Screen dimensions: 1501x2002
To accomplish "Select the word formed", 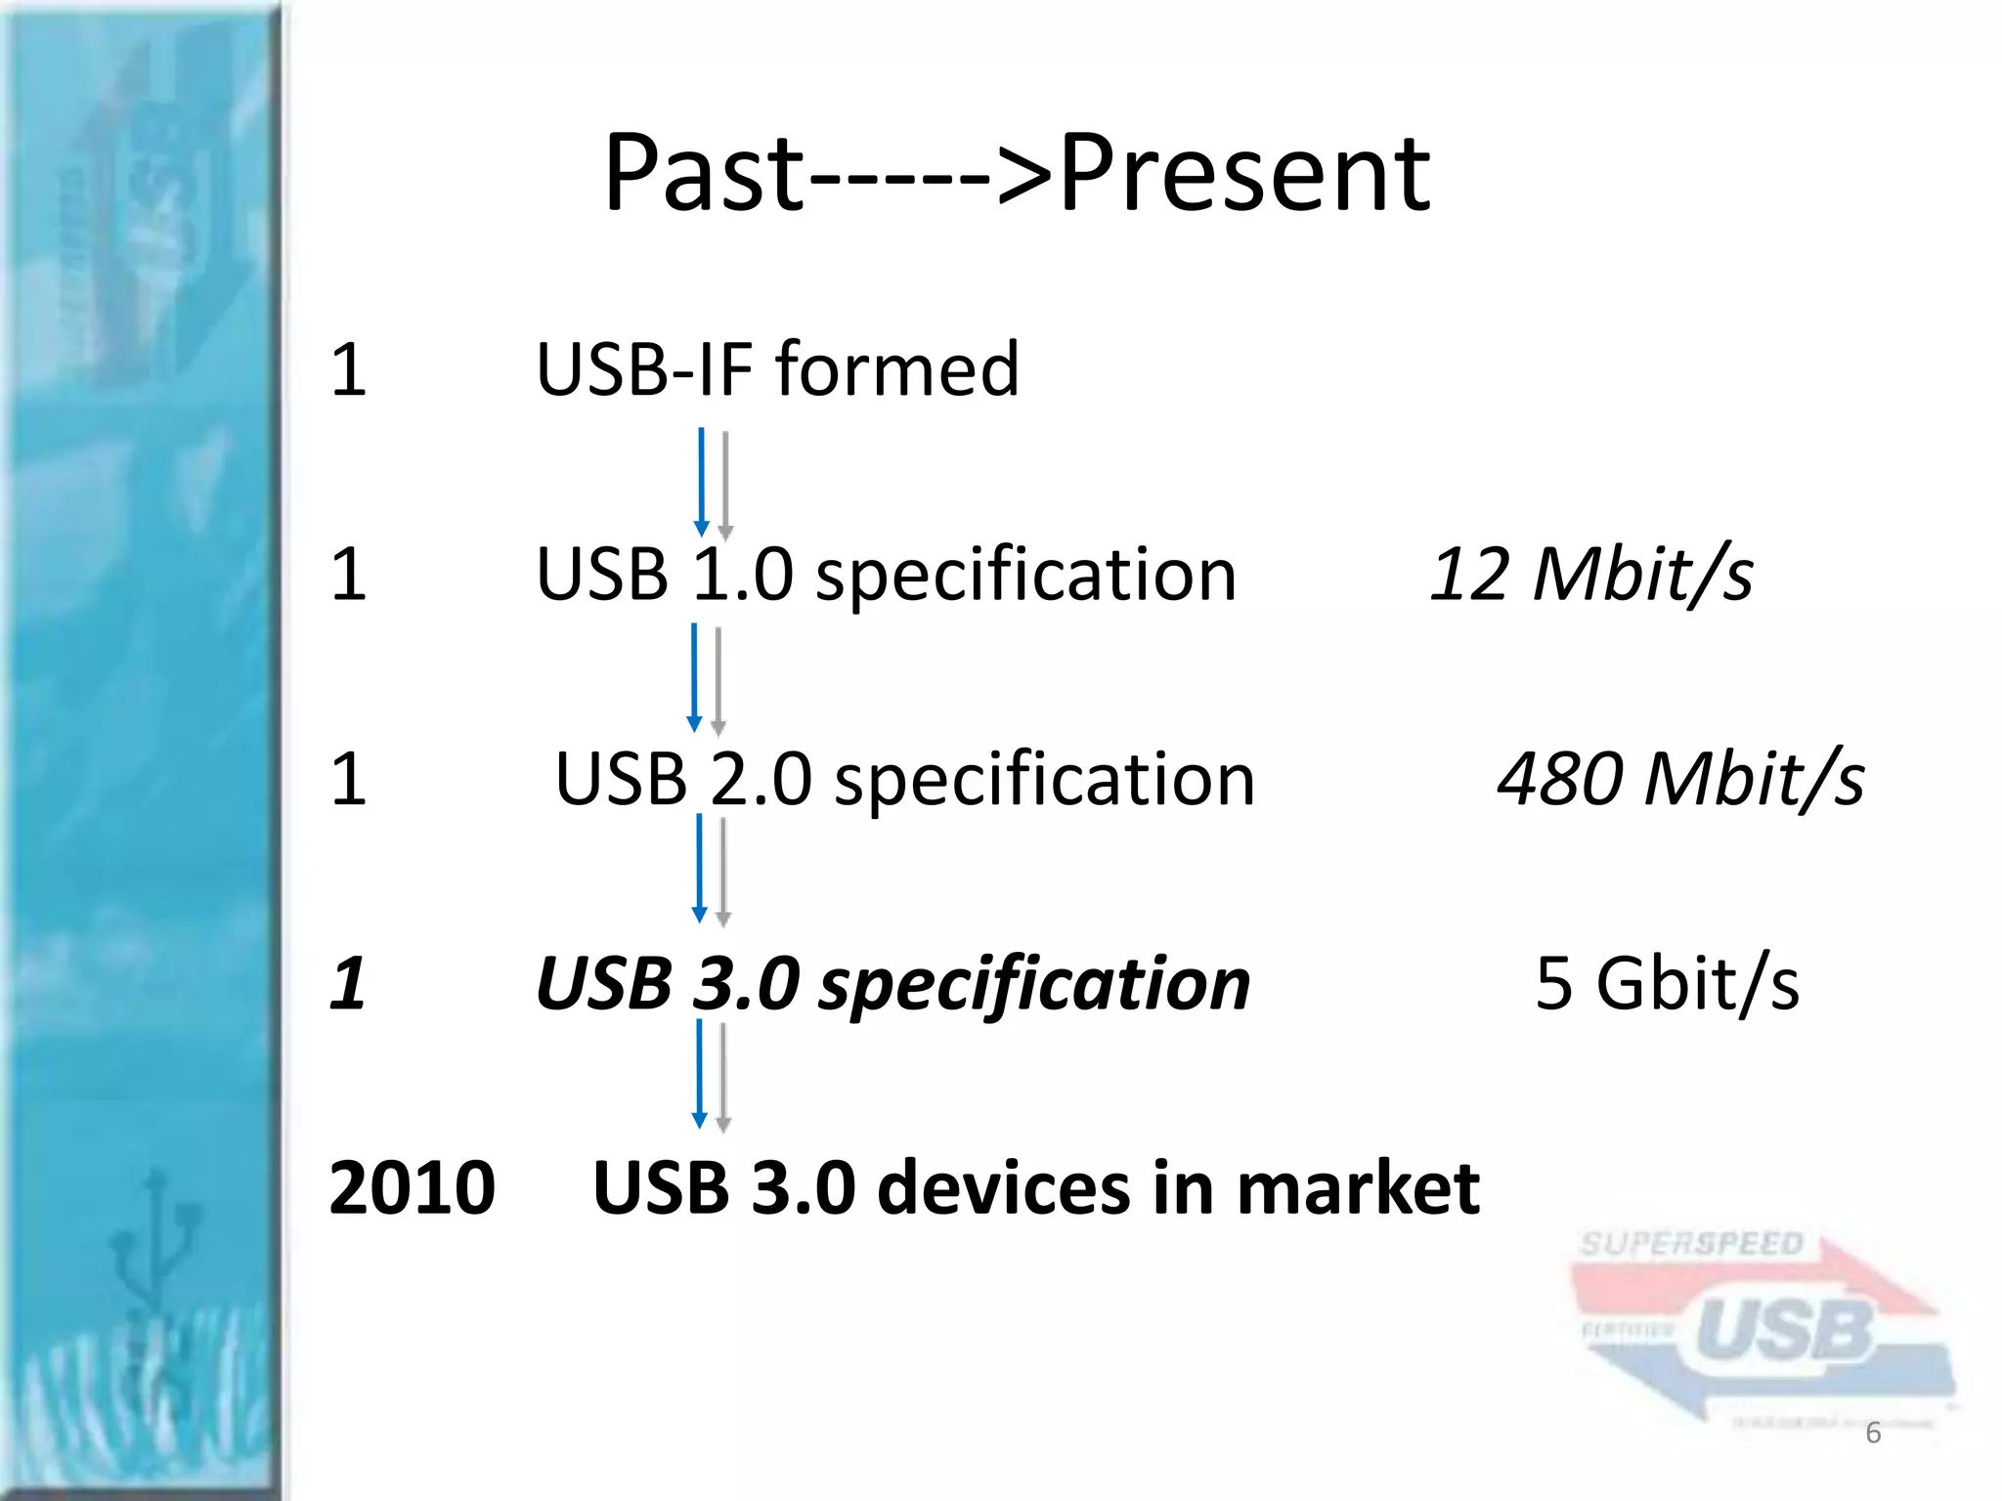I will tap(897, 369).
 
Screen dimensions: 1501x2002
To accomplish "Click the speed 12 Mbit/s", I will tap(1590, 575).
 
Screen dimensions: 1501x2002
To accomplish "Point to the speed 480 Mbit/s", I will tap(1680, 780).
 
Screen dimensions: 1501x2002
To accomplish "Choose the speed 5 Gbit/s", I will tap(1667, 983).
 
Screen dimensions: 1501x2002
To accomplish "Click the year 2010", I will tap(412, 1188).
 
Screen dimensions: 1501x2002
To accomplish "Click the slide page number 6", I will tap(1873, 1433).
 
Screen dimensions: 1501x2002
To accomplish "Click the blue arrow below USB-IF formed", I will tap(701, 482).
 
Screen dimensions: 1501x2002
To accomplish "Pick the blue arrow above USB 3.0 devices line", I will tap(699, 1073).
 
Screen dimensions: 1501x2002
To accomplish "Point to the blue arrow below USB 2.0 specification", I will tap(699, 868).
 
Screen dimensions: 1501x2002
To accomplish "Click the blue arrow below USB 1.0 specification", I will tap(694, 677).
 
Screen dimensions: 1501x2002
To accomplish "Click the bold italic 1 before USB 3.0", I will tap(348, 983).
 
